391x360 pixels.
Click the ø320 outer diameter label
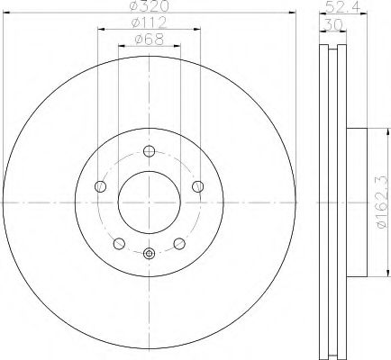coord(149,8)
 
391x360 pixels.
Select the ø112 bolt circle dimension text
coord(149,23)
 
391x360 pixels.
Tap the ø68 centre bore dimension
coord(149,39)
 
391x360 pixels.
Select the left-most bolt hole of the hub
coord(100,186)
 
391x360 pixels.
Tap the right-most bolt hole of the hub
coord(197,186)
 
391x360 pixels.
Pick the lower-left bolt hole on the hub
coord(119,243)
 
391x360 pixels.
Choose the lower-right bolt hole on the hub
coord(178,243)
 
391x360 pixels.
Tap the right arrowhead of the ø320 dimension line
coord(293,13)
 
